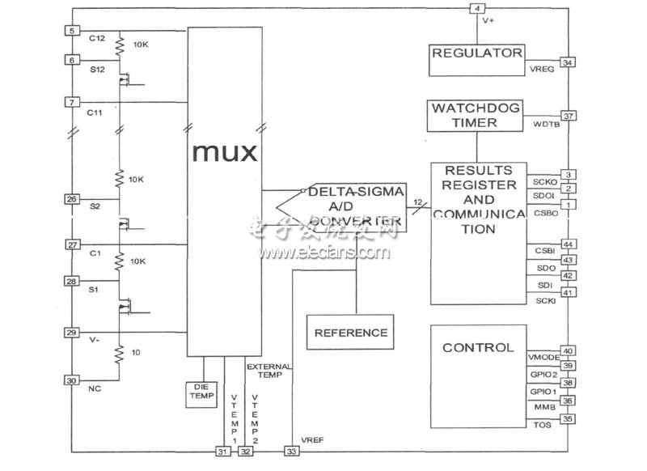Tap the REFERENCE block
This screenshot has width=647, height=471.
[x=350, y=333]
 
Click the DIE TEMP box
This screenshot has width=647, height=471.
[x=201, y=392]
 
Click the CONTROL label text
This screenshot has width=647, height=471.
[x=477, y=348]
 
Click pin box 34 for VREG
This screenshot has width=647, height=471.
[x=569, y=62]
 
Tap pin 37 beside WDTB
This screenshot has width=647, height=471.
[x=569, y=116]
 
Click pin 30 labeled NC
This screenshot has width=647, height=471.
[x=71, y=380]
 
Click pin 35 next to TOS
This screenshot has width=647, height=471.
[x=569, y=418]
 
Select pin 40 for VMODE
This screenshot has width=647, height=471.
[x=569, y=350]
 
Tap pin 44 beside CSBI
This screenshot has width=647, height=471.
[x=569, y=244]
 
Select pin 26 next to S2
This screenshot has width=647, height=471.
[x=71, y=199]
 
